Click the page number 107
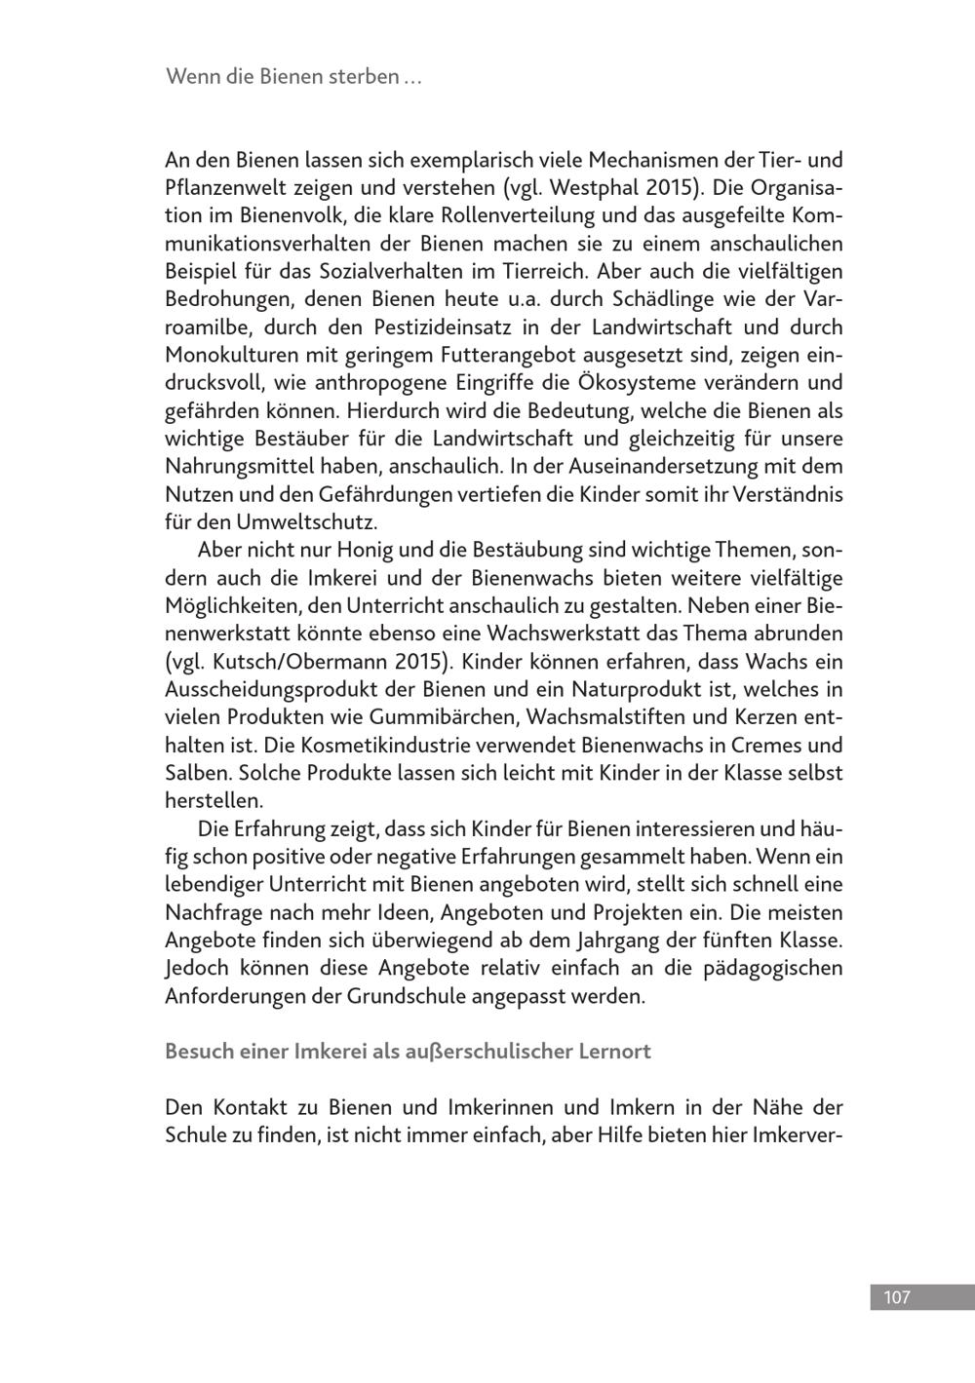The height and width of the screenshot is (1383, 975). [896, 1297]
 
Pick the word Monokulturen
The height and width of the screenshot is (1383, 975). [221, 355]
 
